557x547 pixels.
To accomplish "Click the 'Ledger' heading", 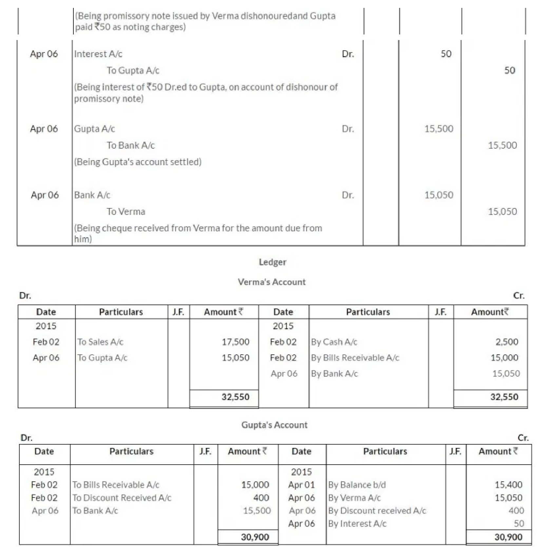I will [272, 262].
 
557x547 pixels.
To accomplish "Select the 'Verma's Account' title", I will [272, 282].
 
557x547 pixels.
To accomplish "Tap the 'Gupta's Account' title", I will [274, 425].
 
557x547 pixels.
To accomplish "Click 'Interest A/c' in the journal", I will [98, 54].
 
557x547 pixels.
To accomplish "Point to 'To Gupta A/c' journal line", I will [133, 71].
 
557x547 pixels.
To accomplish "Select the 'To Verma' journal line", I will [126, 212].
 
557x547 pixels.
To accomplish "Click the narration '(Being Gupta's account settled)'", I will [138, 162].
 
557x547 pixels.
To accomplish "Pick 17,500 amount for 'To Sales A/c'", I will [235, 342].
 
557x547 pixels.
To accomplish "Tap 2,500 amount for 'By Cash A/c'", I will [507, 342].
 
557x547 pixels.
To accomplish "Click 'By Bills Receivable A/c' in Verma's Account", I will [355, 358].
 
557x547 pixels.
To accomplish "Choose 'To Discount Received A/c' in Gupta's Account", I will [122, 498].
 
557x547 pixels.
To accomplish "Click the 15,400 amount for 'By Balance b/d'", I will [509, 485].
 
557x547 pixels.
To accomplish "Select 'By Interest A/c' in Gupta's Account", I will [357, 523].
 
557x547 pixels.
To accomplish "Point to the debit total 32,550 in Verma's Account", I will [235, 397].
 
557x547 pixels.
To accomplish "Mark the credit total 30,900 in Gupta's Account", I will [508, 537].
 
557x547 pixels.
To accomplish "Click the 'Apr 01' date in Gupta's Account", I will [301, 485].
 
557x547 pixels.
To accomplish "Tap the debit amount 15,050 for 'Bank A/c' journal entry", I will [439, 195].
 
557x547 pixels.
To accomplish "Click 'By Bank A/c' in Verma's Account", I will [334, 373].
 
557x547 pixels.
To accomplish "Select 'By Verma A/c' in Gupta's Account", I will [354, 498].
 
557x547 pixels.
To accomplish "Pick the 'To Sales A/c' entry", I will [100, 342].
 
